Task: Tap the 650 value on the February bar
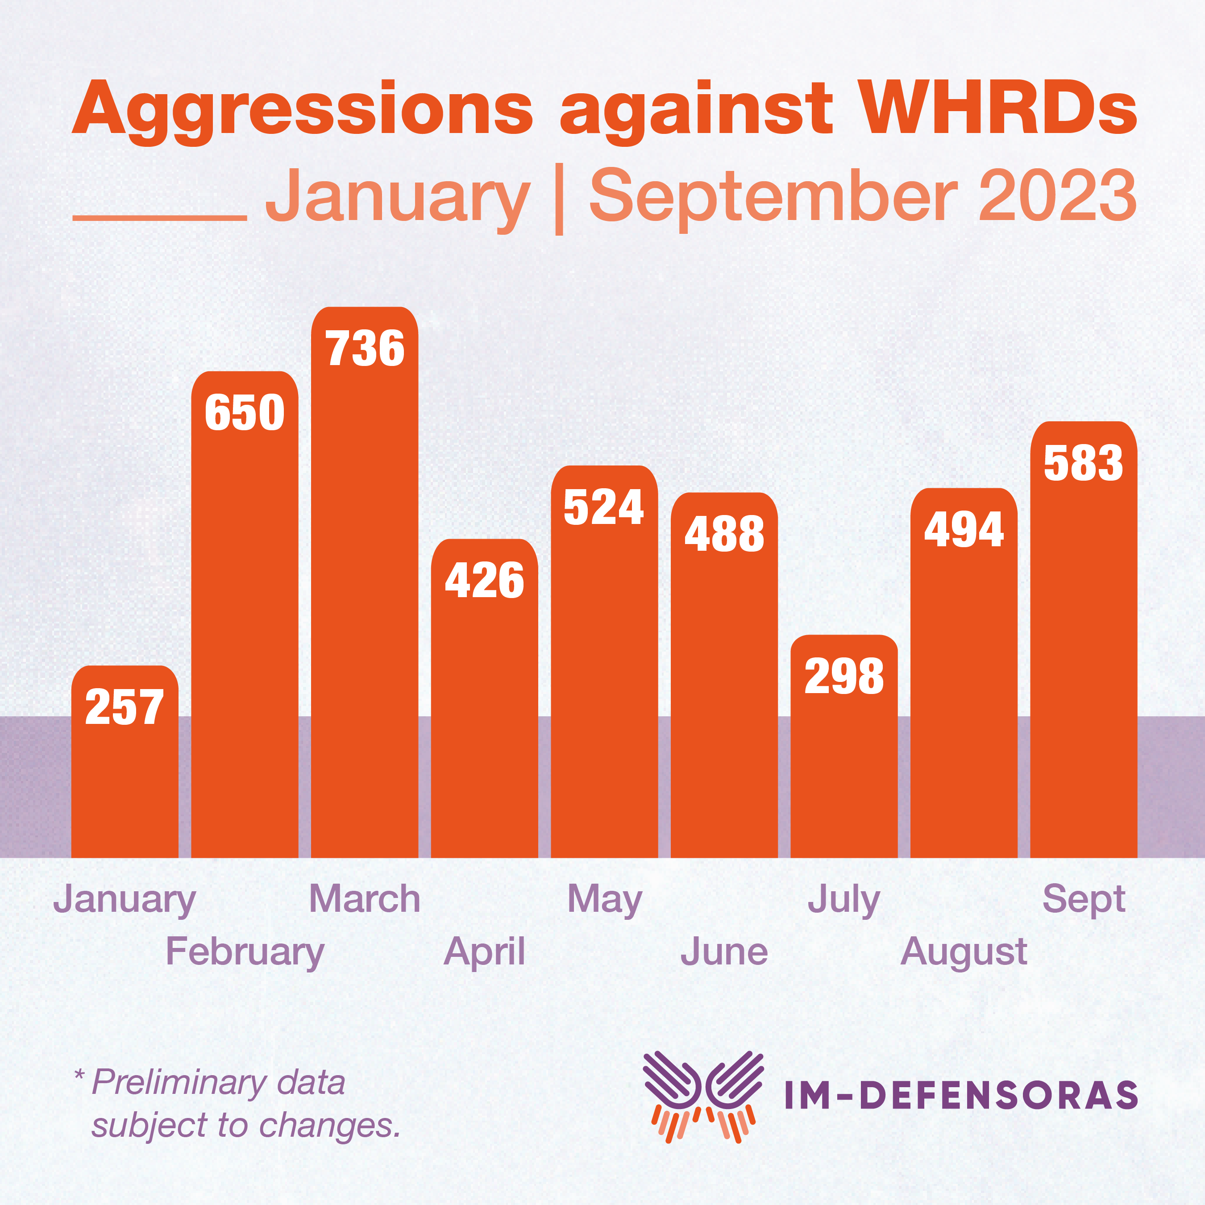pyautogui.click(x=245, y=412)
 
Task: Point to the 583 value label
pyautogui.click(x=1083, y=463)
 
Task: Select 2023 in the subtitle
pyautogui.click(x=1057, y=196)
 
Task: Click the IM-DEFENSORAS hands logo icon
pyautogui.click(x=703, y=1096)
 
